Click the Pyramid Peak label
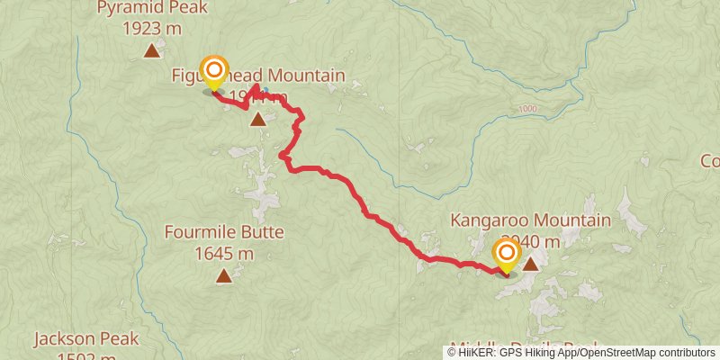[153, 9]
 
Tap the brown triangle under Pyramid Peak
[152, 50]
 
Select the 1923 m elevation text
[153, 28]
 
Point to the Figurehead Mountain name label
[259, 76]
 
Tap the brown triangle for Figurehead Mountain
[258, 119]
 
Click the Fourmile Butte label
[224, 232]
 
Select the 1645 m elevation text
[224, 253]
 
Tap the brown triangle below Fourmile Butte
[223, 275]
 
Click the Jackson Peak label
[86, 339]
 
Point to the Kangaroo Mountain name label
[530, 220]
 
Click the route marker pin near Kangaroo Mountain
[507, 256]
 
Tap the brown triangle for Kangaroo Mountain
[531, 264]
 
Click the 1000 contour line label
[527, 110]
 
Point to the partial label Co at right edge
[710, 161]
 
